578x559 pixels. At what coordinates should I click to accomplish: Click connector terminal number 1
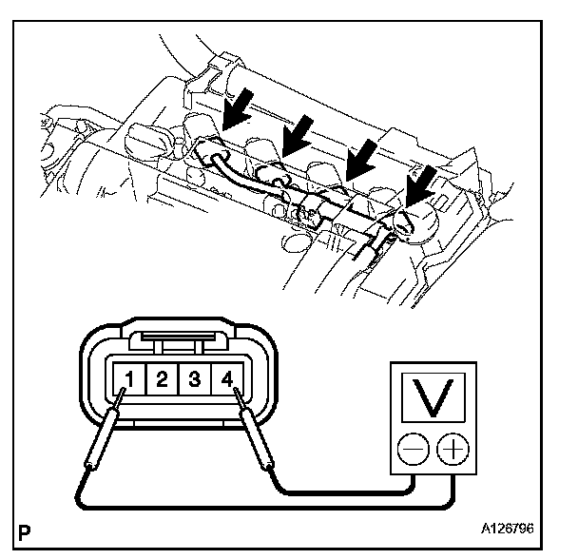(x=128, y=380)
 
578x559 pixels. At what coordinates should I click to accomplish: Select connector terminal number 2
(x=162, y=380)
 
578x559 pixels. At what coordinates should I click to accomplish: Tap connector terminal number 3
(x=194, y=380)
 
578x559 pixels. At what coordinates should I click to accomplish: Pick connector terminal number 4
(x=226, y=380)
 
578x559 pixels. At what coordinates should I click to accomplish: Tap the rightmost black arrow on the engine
(x=422, y=184)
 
